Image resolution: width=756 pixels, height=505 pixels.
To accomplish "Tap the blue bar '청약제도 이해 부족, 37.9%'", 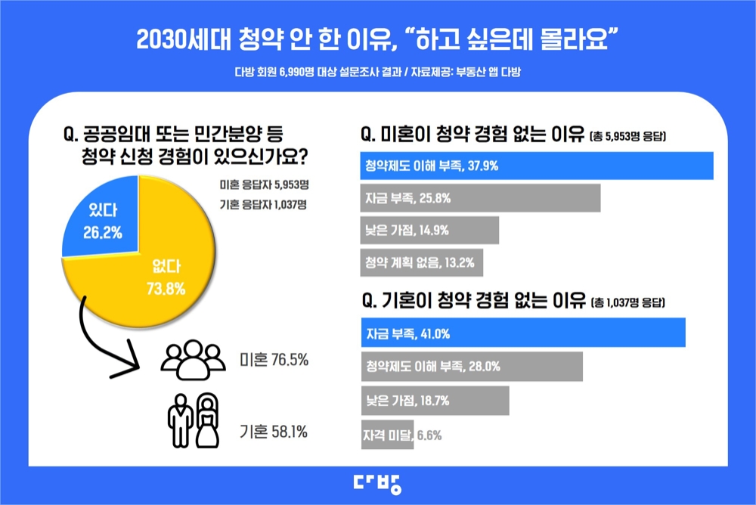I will (536, 166).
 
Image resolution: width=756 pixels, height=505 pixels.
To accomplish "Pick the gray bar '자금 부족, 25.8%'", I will (479, 198).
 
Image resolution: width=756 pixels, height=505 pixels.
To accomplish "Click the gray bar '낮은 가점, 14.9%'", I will (429, 231).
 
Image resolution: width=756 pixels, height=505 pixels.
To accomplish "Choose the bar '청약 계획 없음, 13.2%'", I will (420, 263).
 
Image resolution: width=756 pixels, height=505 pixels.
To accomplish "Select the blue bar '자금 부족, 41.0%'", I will (522, 333).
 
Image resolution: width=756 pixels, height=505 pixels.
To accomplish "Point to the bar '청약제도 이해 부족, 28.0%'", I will (470, 366).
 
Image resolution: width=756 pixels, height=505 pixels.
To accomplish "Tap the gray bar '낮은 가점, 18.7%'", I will (434, 401).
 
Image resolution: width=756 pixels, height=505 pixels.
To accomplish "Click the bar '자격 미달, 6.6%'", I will (386, 435).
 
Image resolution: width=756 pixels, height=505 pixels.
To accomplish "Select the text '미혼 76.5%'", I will (273, 360).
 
